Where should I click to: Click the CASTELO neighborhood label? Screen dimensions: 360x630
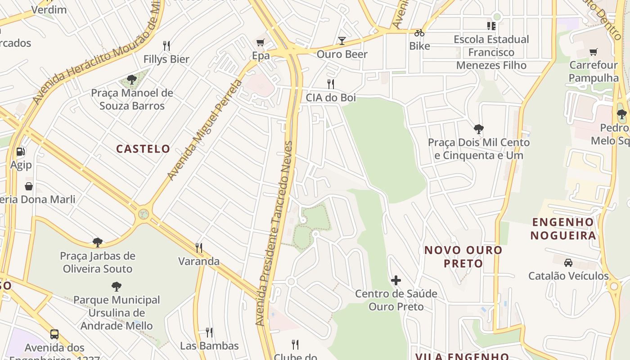pos(143,149)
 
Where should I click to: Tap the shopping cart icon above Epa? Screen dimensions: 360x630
pos(260,43)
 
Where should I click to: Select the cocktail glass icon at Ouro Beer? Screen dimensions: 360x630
pos(342,41)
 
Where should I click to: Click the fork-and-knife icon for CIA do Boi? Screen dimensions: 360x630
pos(331,84)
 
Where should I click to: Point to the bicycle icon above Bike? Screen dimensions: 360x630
pos(419,33)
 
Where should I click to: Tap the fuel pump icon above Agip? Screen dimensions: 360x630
pos(21,152)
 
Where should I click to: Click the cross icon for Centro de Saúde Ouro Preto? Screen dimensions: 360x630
pos(396,281)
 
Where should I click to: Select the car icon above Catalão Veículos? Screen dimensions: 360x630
pos(568,262)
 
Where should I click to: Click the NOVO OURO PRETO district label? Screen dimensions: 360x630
pos(463,256)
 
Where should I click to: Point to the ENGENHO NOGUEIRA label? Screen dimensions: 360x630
pos(562,229)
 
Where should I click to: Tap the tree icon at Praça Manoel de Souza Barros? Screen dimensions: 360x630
pos(132,80)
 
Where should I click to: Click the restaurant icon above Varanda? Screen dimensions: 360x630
pos(199,247)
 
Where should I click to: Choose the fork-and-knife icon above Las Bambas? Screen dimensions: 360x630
pos(209,333)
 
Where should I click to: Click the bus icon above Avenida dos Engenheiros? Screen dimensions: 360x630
pos(54,334)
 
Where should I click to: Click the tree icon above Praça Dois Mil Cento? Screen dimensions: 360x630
pos(478,130)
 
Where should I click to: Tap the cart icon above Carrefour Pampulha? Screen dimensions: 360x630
pos(594,52)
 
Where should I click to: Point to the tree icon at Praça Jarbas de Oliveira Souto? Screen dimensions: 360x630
pos(98,243)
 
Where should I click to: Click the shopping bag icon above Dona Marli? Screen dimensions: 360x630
pos(29,186)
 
